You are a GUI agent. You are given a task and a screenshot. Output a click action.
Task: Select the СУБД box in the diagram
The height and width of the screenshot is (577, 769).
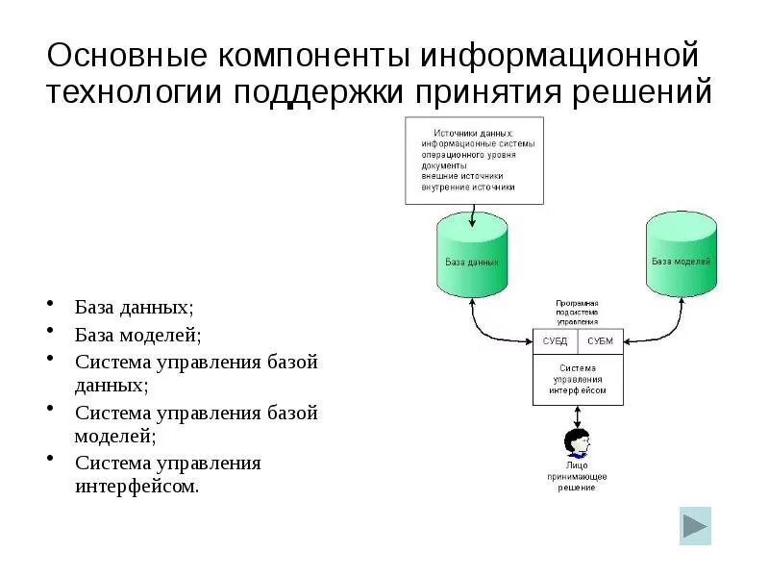[x=556, y=340]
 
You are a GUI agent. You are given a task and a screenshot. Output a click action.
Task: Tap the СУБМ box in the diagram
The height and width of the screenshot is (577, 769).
[x=600, y=340]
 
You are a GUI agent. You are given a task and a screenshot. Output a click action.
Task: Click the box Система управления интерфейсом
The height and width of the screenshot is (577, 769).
[x=578, y=379]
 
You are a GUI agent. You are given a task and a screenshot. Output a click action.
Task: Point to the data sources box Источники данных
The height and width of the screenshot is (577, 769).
[x=474, y=160]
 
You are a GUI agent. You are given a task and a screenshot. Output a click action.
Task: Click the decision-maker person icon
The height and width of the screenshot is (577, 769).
[x=576, y=444]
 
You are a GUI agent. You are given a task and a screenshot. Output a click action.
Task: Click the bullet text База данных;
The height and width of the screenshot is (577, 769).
[x=134, y=308]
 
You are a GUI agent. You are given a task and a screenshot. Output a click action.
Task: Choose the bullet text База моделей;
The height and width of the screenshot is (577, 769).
[x=138, y=336]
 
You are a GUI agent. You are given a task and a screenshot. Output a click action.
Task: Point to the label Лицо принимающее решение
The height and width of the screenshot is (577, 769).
[x=577, y=476]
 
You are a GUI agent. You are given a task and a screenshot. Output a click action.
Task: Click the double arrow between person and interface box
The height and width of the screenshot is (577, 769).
[x=577, y=416]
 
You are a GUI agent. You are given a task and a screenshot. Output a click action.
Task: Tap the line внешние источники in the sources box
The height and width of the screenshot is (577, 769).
[x=461, y=177]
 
